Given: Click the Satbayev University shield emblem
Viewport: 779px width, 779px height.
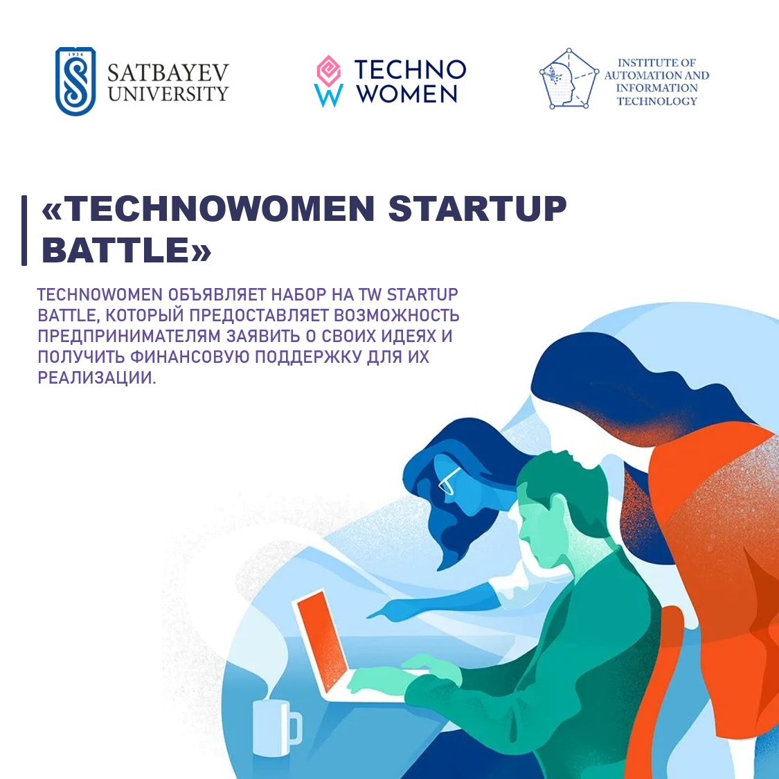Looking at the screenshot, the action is click(75, 82).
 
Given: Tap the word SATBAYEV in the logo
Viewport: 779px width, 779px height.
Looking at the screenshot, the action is click(168, 73).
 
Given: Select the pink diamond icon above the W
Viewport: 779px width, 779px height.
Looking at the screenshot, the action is click(328, 71).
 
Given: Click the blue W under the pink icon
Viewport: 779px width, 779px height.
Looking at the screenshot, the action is click(328, 96).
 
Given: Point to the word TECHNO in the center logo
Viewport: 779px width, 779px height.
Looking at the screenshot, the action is click(410, 69).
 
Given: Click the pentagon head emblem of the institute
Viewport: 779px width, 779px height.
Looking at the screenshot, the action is click(569, 78).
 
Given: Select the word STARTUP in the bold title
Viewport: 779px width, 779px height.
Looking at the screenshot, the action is click(477, 208).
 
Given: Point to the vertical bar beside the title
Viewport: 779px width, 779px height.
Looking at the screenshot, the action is click(24, 231).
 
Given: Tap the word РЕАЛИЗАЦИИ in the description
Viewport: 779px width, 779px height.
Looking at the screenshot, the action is click(97, 377).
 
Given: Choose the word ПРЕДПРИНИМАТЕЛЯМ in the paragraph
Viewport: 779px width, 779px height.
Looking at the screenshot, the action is click(129, 336).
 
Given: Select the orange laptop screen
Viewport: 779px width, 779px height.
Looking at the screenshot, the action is click(321, 641).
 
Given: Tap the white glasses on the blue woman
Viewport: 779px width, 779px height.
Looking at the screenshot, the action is click(449, 480).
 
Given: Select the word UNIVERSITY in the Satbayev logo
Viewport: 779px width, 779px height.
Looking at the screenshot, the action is click(168, 94).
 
